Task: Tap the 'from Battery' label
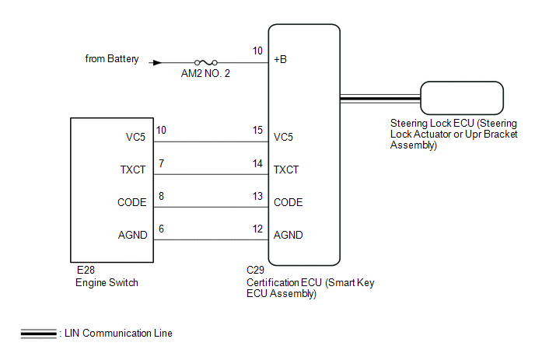(113, 58)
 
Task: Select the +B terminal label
(281, 59)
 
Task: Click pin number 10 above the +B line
(257, 51)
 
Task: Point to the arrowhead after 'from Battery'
(159, 63)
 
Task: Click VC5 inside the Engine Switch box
(136, 136)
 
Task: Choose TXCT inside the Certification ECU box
(287, 169)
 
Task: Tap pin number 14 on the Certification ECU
(257, 163)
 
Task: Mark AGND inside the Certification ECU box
(288, 235)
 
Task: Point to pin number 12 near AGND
(257, 229)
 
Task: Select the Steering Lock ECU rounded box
(461, 98)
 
